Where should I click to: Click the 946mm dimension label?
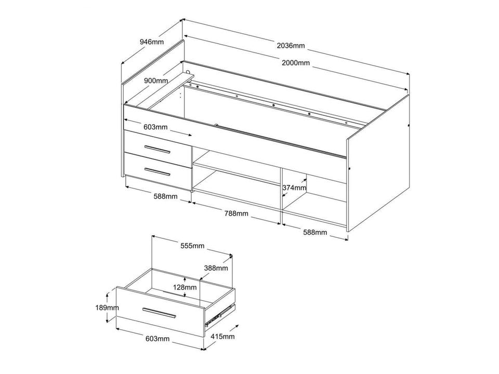pos(152,42)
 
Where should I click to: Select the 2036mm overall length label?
pos(291,46)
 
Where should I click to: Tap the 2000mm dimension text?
pos(296,63)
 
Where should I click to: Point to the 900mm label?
pos(156,81)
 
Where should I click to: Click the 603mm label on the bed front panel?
pos(155,127)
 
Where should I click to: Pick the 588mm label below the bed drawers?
pos(165,196)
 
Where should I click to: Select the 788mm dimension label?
pos(237,213)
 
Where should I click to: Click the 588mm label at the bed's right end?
pos(315,232)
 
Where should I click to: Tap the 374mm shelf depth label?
pos(294,188)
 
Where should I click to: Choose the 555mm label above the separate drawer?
pos(192,246)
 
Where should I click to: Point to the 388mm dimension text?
pos(216,268)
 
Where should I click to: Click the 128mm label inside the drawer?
pos(185,287)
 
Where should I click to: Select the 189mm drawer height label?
pos(107,308)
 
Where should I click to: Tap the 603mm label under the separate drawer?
pos(157,339)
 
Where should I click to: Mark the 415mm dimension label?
pos(222,336)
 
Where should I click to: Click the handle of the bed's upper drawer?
pos(157,149)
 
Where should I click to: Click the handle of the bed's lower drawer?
pos(157,171)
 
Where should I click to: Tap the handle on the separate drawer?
pos(159,313)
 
